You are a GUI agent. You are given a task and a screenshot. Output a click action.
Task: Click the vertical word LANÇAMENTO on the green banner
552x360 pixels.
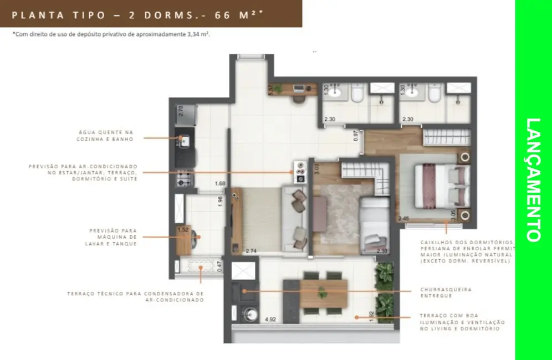click(533, 180)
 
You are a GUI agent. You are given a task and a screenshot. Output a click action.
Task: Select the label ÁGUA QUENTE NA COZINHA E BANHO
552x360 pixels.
click(106, 136)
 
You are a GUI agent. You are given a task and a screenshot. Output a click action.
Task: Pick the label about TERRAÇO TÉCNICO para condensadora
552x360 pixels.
click(136, 296)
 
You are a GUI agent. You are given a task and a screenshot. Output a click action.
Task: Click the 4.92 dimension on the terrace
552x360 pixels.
click(271, 319)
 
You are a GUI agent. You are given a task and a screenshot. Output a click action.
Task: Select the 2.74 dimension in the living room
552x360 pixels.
click(251, 250)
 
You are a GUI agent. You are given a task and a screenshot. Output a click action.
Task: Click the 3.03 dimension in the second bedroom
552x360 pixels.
click(316, 169)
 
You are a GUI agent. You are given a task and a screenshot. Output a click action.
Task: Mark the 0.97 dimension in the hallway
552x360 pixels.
click(356, 136)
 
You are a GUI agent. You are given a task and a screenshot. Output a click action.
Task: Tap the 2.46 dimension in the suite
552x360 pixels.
click(403, 219)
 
